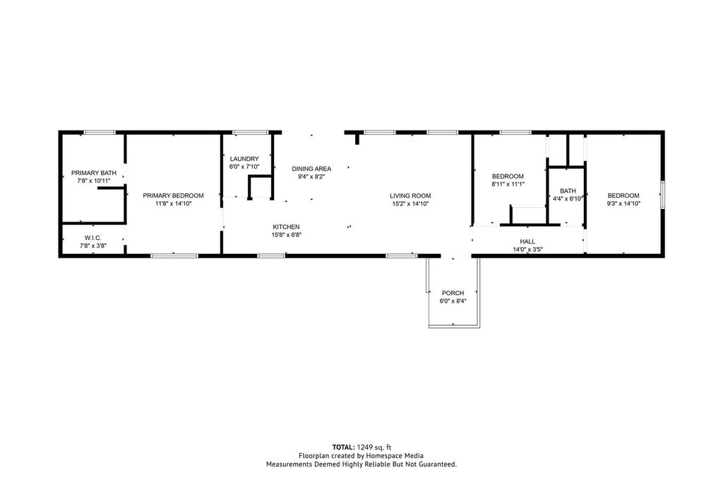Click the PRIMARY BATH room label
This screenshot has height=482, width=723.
(94, 173)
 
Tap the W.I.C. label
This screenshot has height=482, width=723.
(92, 238)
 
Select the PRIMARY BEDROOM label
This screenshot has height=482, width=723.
(174, 195)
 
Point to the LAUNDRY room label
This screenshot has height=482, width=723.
(244, 159)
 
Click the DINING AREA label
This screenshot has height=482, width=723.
(311, 169)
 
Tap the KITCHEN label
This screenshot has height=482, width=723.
(287, 227)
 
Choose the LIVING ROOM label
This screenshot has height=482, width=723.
(410, 195)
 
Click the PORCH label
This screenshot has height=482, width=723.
(453, 293)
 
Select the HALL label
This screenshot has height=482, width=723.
(527, 241)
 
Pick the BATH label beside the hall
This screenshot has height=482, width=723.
(568, 191)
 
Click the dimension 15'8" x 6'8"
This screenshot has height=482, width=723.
(287, 235)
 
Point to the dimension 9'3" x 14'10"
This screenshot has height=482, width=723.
(623, 204)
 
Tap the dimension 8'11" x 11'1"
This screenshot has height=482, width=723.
(508, 184)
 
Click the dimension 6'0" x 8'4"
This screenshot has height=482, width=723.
(453, 301)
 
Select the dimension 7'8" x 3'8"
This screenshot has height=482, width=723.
(92, 246)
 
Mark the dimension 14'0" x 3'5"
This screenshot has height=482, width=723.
(527, 250)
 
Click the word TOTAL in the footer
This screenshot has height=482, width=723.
(344, 447)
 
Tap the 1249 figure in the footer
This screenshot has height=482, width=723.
(365, 447)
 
